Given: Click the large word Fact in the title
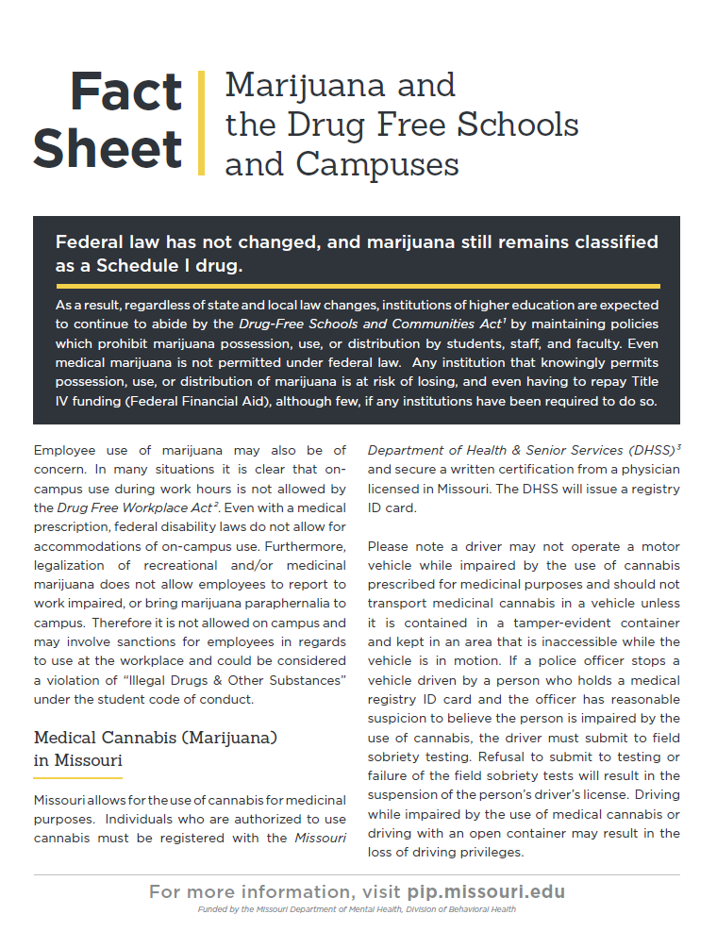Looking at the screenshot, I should [125, 92].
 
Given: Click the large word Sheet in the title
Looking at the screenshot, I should [108, 149].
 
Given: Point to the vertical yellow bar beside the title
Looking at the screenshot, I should [200, 123].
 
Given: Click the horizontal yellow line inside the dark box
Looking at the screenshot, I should [357, 285].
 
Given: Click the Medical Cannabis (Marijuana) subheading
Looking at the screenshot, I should [155, 737].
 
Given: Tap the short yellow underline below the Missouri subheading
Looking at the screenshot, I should [77, 777].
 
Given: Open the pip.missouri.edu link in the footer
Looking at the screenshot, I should [486, 891].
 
